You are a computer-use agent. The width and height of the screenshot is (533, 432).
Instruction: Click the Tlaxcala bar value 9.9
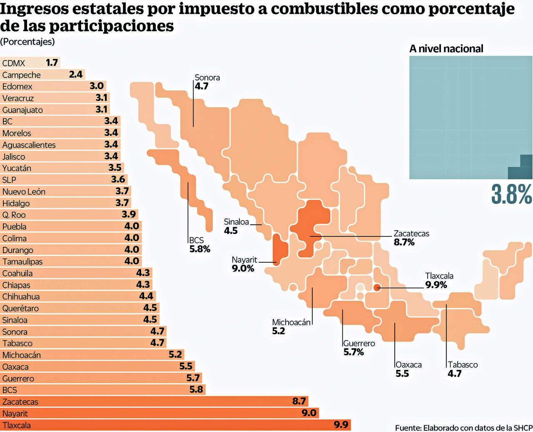point(341,425)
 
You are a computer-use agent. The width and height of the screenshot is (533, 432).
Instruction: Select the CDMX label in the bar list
point(14,63)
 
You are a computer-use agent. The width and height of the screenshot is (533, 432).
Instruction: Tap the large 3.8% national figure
point(511,194)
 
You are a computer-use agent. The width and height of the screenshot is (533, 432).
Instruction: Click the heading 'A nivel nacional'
point(446,49)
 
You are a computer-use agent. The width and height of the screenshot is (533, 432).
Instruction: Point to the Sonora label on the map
point(207,78)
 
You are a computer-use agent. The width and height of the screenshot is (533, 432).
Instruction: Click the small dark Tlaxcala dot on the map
point(377,287)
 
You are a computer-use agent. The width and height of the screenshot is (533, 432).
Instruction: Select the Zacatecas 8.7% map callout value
point(404,242)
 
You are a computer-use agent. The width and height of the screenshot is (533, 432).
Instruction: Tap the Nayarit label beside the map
point(244,260)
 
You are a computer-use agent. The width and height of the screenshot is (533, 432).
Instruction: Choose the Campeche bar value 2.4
point(76,75)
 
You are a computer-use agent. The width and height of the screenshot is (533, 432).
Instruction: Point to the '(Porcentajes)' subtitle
point(27,42)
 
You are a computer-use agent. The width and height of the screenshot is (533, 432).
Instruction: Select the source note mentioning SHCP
point(463,427)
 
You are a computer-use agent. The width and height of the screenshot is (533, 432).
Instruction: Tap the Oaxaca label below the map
point(408,364)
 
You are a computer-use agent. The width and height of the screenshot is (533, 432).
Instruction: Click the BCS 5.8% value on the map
point(200,249)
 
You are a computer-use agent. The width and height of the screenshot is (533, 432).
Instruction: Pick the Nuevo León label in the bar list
point(24,192)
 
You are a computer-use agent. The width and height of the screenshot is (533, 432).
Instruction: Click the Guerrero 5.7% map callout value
point(354,352)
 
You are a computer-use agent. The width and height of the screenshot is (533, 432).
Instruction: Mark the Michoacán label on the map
point(291,322)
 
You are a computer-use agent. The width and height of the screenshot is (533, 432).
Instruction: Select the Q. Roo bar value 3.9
point(129,215)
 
